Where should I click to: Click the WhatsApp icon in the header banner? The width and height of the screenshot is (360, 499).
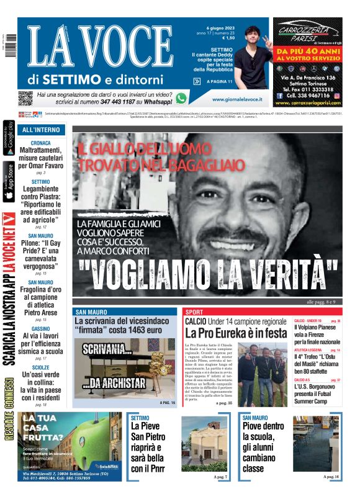181,97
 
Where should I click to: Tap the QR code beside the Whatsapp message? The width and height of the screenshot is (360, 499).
25,97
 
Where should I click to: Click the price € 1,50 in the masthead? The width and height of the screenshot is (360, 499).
228,38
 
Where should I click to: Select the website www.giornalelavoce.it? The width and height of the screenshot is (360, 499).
236,99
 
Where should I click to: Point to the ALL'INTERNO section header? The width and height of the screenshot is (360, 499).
41,130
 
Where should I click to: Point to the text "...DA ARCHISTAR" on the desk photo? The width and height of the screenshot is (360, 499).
114,383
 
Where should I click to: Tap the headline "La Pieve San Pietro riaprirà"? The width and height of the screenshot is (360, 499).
150,451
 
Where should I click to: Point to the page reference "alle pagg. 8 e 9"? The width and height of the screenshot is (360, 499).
321,302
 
